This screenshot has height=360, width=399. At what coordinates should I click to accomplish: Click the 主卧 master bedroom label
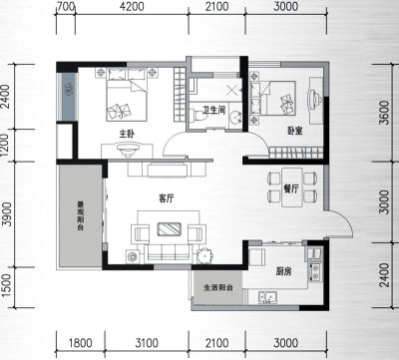127,134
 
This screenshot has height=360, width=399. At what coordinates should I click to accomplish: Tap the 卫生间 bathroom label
214,110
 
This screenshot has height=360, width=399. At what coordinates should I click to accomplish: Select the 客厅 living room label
167,198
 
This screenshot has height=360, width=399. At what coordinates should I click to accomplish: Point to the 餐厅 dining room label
291,188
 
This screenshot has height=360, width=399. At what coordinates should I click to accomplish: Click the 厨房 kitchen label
283,271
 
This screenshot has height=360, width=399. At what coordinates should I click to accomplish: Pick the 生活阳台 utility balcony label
218,287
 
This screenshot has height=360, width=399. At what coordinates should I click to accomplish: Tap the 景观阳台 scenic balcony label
80,216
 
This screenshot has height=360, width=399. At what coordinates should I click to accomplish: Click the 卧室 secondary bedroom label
295,131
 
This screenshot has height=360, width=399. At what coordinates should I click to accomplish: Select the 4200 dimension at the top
132,6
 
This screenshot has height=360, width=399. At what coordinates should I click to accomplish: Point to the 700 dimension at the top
66,6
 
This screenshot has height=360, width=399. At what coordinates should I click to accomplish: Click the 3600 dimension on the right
384,113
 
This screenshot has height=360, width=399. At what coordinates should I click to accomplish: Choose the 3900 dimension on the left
7,214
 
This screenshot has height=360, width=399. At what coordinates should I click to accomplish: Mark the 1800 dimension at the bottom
80,343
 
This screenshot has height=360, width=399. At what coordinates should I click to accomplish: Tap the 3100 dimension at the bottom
147,343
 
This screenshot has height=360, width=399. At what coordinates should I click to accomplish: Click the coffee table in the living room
170,229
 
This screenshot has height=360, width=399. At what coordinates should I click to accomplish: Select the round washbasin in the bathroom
235,116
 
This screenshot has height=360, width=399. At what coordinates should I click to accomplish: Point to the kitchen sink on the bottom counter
267,297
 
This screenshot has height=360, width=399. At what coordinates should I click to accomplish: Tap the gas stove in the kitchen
315,271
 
